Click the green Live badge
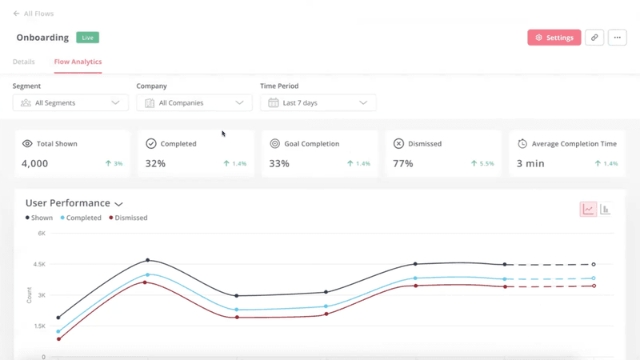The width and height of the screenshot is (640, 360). point(87,38)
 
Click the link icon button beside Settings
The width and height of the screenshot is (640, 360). point(594,38)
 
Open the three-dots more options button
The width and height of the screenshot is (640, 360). point(617,38)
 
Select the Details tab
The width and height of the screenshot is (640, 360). point(24,62)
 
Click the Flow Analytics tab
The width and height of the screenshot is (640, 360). point(78,62)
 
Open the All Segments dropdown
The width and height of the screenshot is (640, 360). point(70,103)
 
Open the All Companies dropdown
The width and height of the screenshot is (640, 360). point(194,103)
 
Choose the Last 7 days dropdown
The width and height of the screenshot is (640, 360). point(318,103)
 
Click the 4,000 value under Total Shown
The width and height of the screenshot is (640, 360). point(35,163)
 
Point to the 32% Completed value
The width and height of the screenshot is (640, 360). point(155,163)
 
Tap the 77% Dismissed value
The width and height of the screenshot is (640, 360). point(402,163)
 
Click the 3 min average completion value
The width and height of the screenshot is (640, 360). point(530,163)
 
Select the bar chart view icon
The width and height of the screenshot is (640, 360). point(606,210)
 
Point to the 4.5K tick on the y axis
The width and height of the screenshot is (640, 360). point(40,264)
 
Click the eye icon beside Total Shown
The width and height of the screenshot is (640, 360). point(27,144)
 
